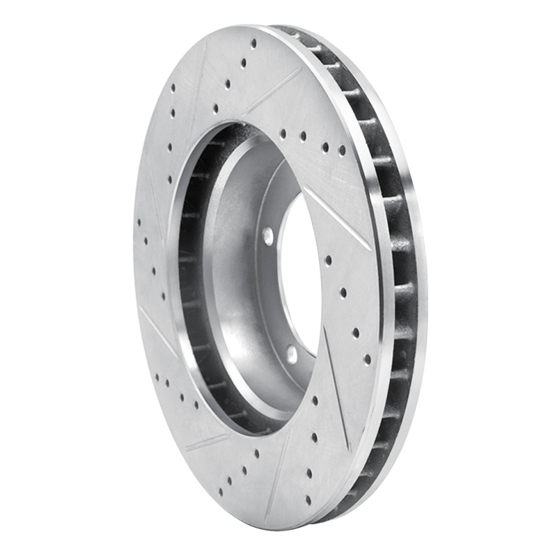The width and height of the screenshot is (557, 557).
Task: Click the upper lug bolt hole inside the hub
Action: click(268, 235)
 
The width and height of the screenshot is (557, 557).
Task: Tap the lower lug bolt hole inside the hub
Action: click(291, 354)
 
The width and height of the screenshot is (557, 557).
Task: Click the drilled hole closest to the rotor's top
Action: click(253, 43)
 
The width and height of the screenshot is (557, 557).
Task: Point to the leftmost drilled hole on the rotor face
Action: click(139, 223)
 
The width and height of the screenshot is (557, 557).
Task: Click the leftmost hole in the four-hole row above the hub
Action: click(282, 133)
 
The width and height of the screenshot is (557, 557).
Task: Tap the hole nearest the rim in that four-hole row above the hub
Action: click(342, 150)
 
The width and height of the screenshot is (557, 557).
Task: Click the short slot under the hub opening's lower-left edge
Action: click(206, 443)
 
